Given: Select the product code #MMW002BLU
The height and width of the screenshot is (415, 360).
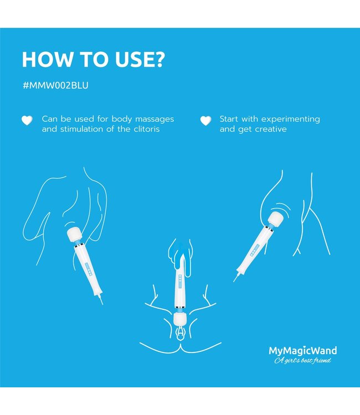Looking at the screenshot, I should coord(55,86).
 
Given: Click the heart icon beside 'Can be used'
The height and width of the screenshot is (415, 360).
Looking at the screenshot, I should coord(26,120).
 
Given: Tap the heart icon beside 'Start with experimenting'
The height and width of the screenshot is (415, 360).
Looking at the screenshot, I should coord(205,120).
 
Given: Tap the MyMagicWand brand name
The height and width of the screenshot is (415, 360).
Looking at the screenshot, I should coord(302,350).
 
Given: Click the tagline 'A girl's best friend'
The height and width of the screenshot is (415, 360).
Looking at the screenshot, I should coord(302,361).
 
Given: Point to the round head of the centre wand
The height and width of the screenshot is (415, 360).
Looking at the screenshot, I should coord(179,319).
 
